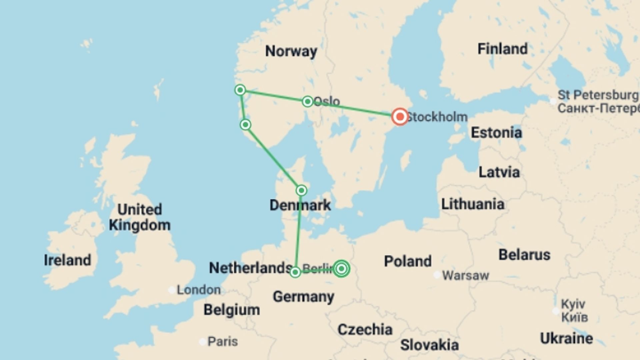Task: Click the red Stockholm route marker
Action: point(400,117)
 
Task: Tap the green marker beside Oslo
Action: point(307,101)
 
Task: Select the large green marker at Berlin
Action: point(341,268)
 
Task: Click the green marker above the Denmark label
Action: point(301,190)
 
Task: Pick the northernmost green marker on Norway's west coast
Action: point(240,90)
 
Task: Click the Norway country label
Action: point(291,51)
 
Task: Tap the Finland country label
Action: point(502,49)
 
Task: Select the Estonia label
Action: point(496,133)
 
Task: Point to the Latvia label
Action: point(499,172)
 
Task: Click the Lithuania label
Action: point(473,204)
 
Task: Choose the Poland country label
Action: point(408,261)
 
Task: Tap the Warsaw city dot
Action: point(437,275)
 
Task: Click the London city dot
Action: point(172,290)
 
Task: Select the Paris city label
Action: point(223,341)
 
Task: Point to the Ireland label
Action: point(67,260)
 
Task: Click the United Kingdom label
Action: point(140,217)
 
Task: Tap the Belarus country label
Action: point(524,255)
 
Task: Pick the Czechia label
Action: point(365,329)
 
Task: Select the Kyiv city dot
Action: point(556,311)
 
